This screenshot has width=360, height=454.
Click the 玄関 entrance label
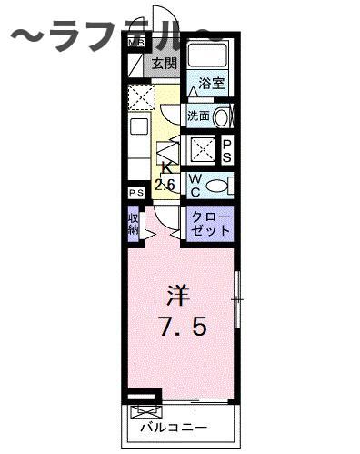pyautogui.click(x=165, y=64)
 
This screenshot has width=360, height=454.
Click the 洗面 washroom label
pyautogui.click(x=199, y=116)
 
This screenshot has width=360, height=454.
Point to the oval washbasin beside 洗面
pyautogui.click(x=222, y=116)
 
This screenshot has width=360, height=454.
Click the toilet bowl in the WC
pyautogui.click(x=216, y=185)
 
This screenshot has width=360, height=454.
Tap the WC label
pyautogui.click(x=195, y=185)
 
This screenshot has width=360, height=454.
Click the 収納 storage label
pyautogui.click(x=135, y=224)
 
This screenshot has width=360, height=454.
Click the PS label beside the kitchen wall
pyautogui.click(x=135, y=194)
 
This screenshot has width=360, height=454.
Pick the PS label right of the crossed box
pyautogui.click(x=227, y=149)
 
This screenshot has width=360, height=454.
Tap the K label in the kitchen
pyautogui.click(x=166, y=167)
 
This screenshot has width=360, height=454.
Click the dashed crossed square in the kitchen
pyautogui.click(x=140, y=96)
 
